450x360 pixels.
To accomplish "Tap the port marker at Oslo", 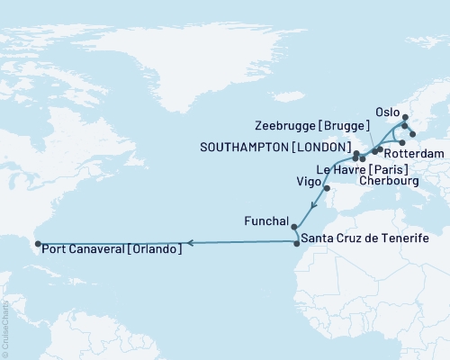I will pyautogui.click(x=403, y=118).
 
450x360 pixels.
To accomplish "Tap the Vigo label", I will pyautogui.click(x=309, y=180).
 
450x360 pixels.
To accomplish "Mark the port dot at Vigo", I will pyautogui.click(x=327, y=188).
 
